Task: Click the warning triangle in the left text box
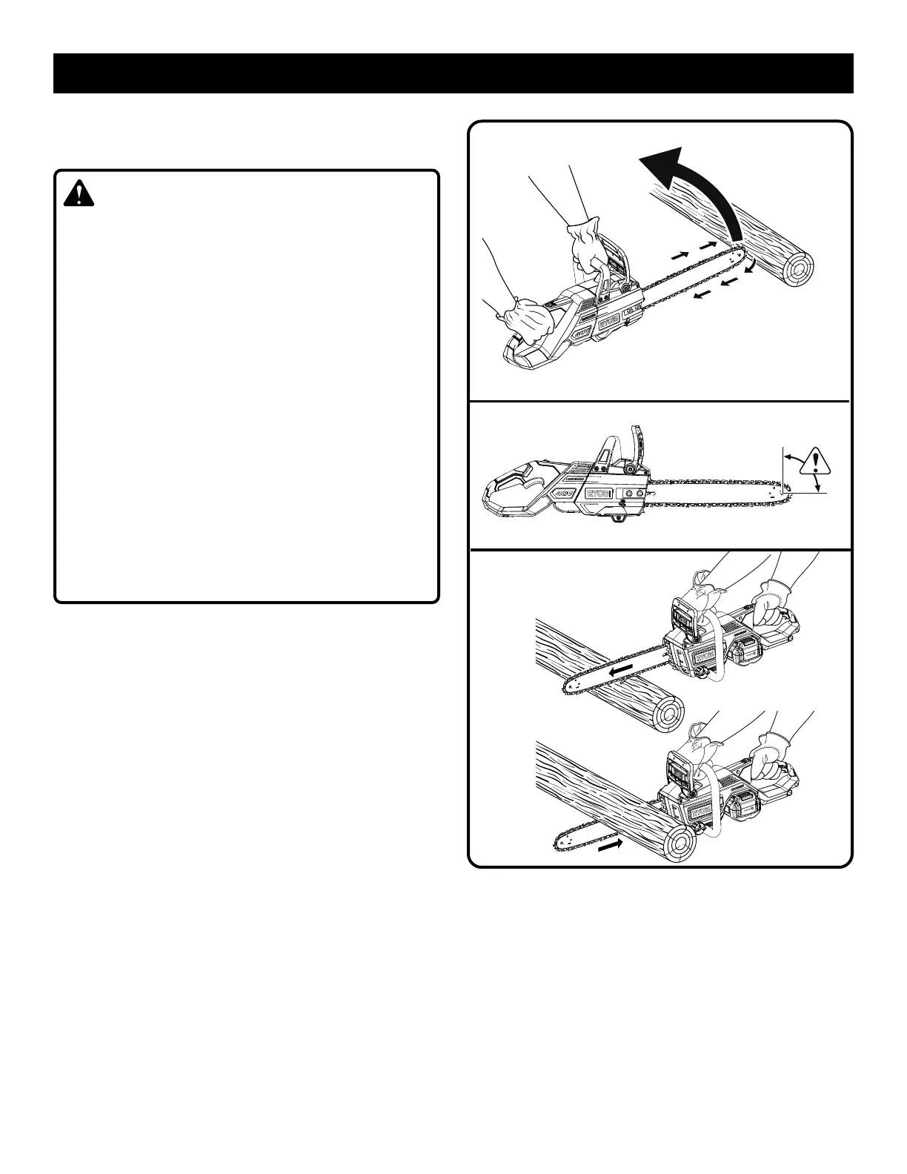pos(79,194)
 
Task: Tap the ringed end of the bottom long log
pos(679,844)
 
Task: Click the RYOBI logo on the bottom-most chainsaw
pos(702,814)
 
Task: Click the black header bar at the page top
pos(453,73)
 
